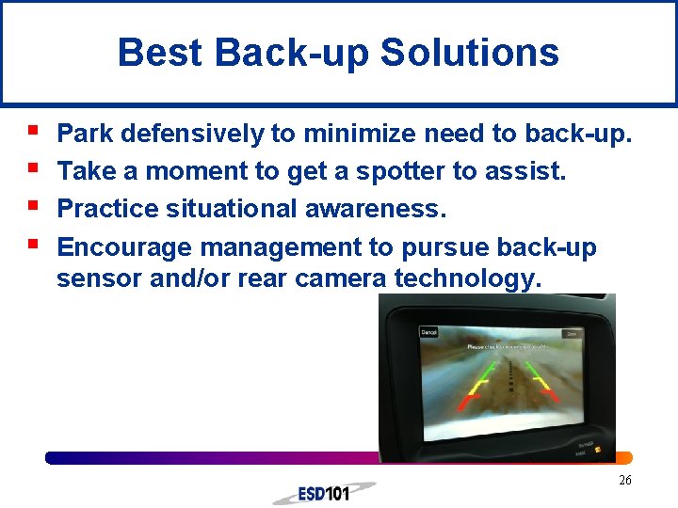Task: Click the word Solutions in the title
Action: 470,53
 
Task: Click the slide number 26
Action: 624,481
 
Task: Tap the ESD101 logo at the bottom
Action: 323,493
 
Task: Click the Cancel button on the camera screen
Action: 429,332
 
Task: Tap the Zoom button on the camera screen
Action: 570,333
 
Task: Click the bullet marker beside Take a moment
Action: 34,169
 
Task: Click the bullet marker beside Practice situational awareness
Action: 34,206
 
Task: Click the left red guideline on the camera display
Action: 463,403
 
